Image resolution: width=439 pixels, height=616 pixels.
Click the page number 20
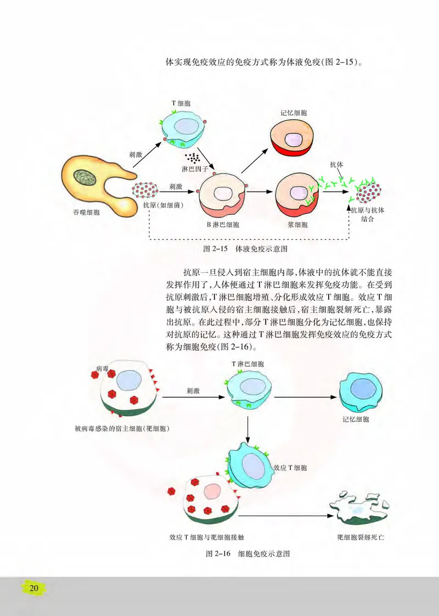coord(34,588)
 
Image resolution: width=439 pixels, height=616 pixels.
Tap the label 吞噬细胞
coord(86,212)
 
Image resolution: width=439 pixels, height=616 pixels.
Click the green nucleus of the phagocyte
coord(86,176)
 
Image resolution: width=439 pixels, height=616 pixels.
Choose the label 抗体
coord(336,164)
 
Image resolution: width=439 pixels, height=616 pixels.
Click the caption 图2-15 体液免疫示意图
coord(246,249)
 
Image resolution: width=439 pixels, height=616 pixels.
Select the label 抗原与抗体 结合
coord(368,214)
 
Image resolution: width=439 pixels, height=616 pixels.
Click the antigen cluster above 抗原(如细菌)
coord(145,191)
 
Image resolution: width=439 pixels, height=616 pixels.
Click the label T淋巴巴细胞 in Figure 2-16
coord(247,364)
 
